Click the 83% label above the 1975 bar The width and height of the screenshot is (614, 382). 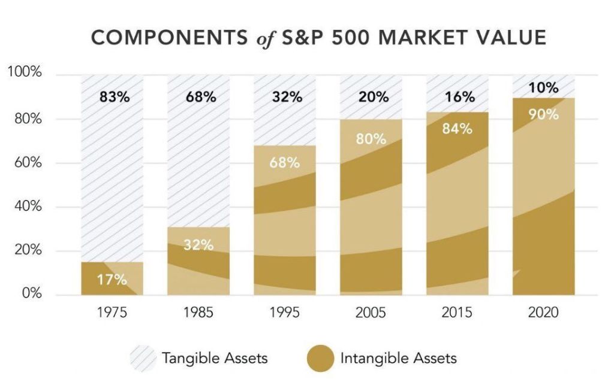click(114, 97)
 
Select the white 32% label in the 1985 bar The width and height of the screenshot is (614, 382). click(198, 245)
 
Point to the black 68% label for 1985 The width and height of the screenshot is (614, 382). click(200, 97)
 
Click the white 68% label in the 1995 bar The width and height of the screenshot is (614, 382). click(284, 162)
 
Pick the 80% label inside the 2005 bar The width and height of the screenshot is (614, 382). click(371, 140)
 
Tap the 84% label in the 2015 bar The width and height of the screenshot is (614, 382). click(458, 129)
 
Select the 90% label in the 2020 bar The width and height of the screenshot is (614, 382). click(543, 114)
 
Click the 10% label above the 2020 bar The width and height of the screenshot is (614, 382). click(543, 89)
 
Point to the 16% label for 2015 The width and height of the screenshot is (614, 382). click(459, 97)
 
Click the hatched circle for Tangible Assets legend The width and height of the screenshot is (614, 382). click(142, 358)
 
